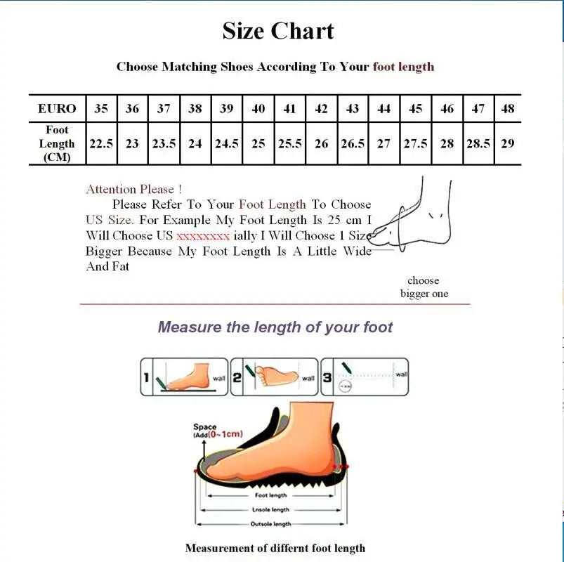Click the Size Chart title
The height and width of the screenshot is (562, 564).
278,31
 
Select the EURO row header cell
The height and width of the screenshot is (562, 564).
57,109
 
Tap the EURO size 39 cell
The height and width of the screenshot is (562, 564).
226,109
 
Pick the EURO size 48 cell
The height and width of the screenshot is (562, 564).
507,109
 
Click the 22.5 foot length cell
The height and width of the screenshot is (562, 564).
101,143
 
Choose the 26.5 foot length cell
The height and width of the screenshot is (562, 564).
353,143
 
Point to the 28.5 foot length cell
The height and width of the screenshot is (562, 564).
478,143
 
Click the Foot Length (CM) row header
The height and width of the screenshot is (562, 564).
57,143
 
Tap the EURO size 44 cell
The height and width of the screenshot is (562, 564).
383,109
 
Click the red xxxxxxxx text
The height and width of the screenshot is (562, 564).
203,236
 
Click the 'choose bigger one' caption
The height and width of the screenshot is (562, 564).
424,287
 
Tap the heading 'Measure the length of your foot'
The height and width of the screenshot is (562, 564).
275,327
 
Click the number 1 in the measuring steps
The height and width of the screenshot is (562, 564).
147,378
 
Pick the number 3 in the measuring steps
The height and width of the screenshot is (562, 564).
328,378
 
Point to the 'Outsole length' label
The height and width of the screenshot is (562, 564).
270,524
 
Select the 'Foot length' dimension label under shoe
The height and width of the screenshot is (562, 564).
270,496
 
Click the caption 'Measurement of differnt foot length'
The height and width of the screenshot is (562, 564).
275,548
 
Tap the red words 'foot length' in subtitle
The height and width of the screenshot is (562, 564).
403,67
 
